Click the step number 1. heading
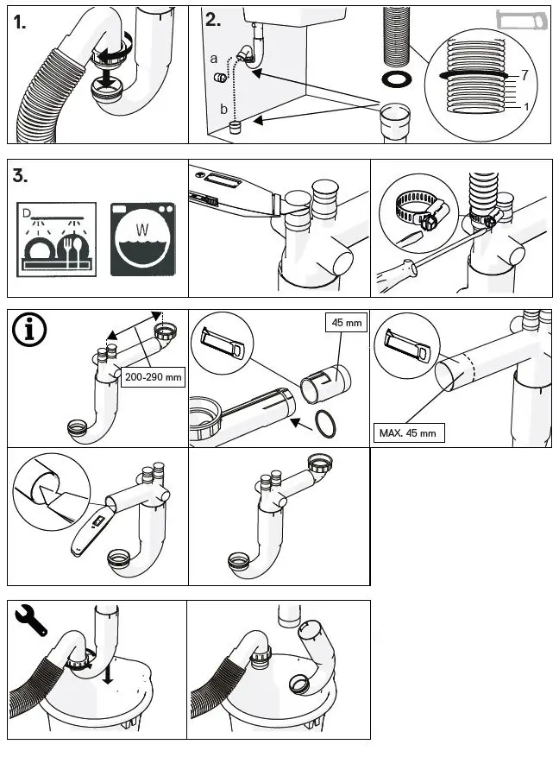pos(21,23)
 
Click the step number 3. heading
pos(22,176)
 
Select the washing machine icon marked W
pos(142,239)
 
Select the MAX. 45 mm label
pos(408,432)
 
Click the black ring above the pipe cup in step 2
pos(396,80)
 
